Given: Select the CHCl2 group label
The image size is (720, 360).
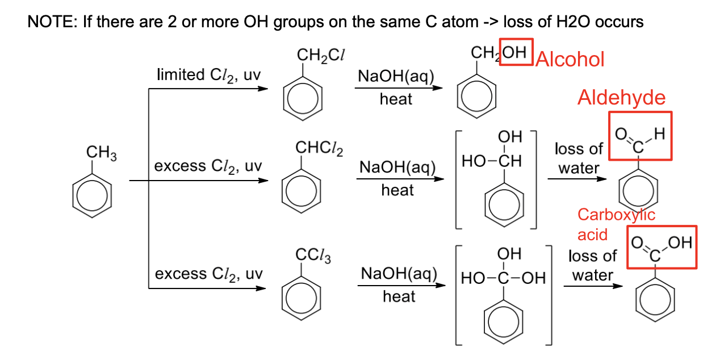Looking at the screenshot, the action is pos(319,149).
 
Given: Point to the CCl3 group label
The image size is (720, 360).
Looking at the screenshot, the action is pos(313,257).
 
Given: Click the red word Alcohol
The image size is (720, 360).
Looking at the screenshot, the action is pos(570,59).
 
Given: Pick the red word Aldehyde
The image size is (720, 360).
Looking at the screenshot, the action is pos(621,98).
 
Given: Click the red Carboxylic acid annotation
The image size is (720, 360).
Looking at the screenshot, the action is pos(616,224).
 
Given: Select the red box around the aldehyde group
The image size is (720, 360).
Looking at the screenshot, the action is pos(640,135).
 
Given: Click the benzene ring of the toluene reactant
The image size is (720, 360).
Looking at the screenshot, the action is pos(92,196).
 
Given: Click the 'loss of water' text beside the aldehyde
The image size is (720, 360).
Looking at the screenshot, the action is pos(578,158).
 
